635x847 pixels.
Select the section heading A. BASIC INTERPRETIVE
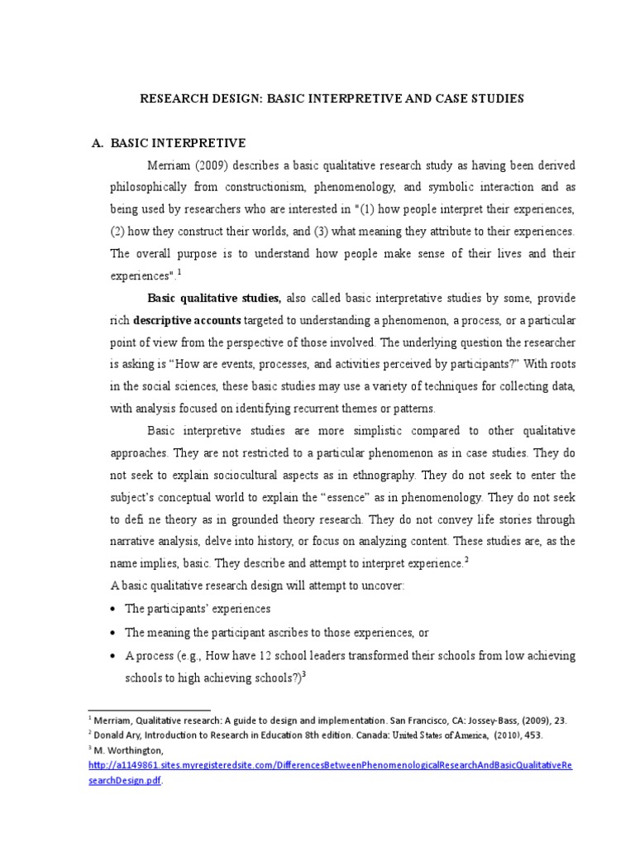[169, 143]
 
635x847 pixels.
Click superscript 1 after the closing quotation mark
[179, 272]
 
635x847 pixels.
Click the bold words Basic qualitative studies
[214, 298]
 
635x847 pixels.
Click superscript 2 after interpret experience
[466, 560]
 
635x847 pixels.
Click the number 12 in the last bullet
[239, 655]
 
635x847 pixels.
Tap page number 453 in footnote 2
[533, 734]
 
